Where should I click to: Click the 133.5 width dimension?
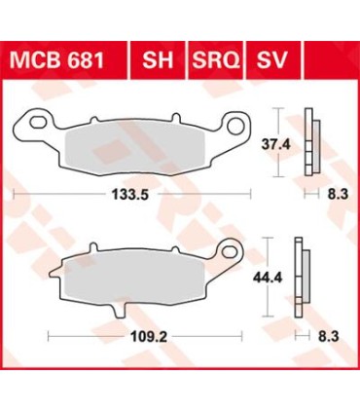(x=129, y=194)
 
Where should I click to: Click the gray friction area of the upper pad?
(x=131, y=149)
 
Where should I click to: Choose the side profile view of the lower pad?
(x=306, y=278)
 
